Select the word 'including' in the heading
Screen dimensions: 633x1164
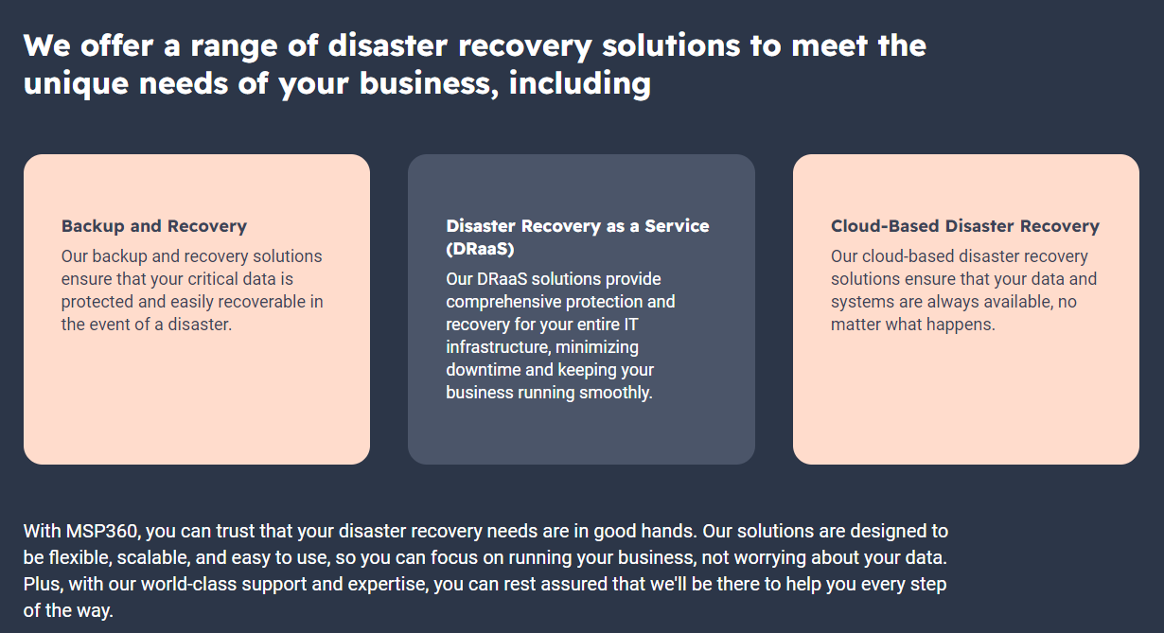580,83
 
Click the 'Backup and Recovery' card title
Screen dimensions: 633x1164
154,226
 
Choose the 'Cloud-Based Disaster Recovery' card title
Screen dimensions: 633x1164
965,226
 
